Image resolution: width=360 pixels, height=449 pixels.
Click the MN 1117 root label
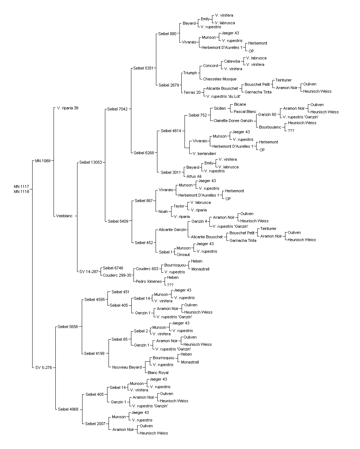(x=21, y=186)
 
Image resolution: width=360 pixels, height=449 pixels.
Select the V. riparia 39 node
(x=68, y=108)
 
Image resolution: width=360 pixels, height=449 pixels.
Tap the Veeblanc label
(x=64, y=216)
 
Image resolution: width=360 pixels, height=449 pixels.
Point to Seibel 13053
(x=91, y=162)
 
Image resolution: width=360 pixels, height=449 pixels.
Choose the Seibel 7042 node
(x=117, y=109)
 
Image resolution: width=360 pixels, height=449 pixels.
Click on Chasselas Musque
(x=220, y=79)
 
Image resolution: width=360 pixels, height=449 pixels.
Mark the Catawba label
(x=232, y=61)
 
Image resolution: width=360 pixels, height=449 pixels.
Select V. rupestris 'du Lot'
(x=223, y=96)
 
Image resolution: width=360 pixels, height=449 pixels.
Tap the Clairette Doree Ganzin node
(x=233, y=121)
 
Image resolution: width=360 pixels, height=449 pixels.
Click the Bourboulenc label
(x=270, y=127)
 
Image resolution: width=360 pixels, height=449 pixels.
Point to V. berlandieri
(x=204, y=154)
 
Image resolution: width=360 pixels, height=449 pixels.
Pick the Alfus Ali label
(x=194, y=176)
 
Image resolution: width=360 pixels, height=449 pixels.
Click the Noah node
(x=163, y=211)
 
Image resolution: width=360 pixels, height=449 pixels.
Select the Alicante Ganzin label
(x=172, y=230)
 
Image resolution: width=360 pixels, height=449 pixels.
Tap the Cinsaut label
(x=183, y=255)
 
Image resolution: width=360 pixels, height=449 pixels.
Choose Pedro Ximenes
(x=149, y=281)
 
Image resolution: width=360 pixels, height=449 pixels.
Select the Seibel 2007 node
(x=95, y=424)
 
